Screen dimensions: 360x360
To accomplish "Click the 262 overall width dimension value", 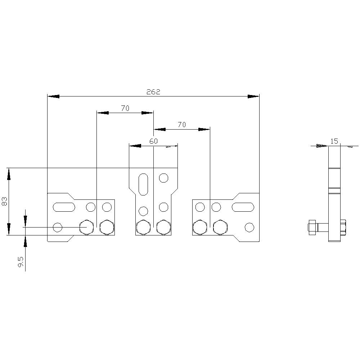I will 153,92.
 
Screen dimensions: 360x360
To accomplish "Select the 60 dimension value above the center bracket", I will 153,141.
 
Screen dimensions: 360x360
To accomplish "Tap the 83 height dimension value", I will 5,202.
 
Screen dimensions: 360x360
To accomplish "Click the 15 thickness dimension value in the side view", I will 334,141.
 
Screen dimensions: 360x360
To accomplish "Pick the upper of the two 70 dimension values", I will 125,108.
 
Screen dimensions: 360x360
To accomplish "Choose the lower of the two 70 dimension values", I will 182,125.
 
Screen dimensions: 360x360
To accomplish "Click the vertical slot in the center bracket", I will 143,184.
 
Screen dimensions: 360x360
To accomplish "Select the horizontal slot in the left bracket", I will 64,207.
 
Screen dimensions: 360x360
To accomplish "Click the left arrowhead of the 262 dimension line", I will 53,96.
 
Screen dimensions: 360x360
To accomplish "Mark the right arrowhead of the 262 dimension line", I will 253,96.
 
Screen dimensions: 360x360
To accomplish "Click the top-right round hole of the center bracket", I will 164,178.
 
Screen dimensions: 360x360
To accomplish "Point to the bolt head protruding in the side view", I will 312,228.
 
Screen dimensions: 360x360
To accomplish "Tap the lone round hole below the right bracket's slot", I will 249,227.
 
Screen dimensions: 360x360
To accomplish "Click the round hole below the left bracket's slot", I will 58,227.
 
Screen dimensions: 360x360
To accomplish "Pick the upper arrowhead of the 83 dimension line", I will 9,174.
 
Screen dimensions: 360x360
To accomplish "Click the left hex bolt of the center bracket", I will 143,228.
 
